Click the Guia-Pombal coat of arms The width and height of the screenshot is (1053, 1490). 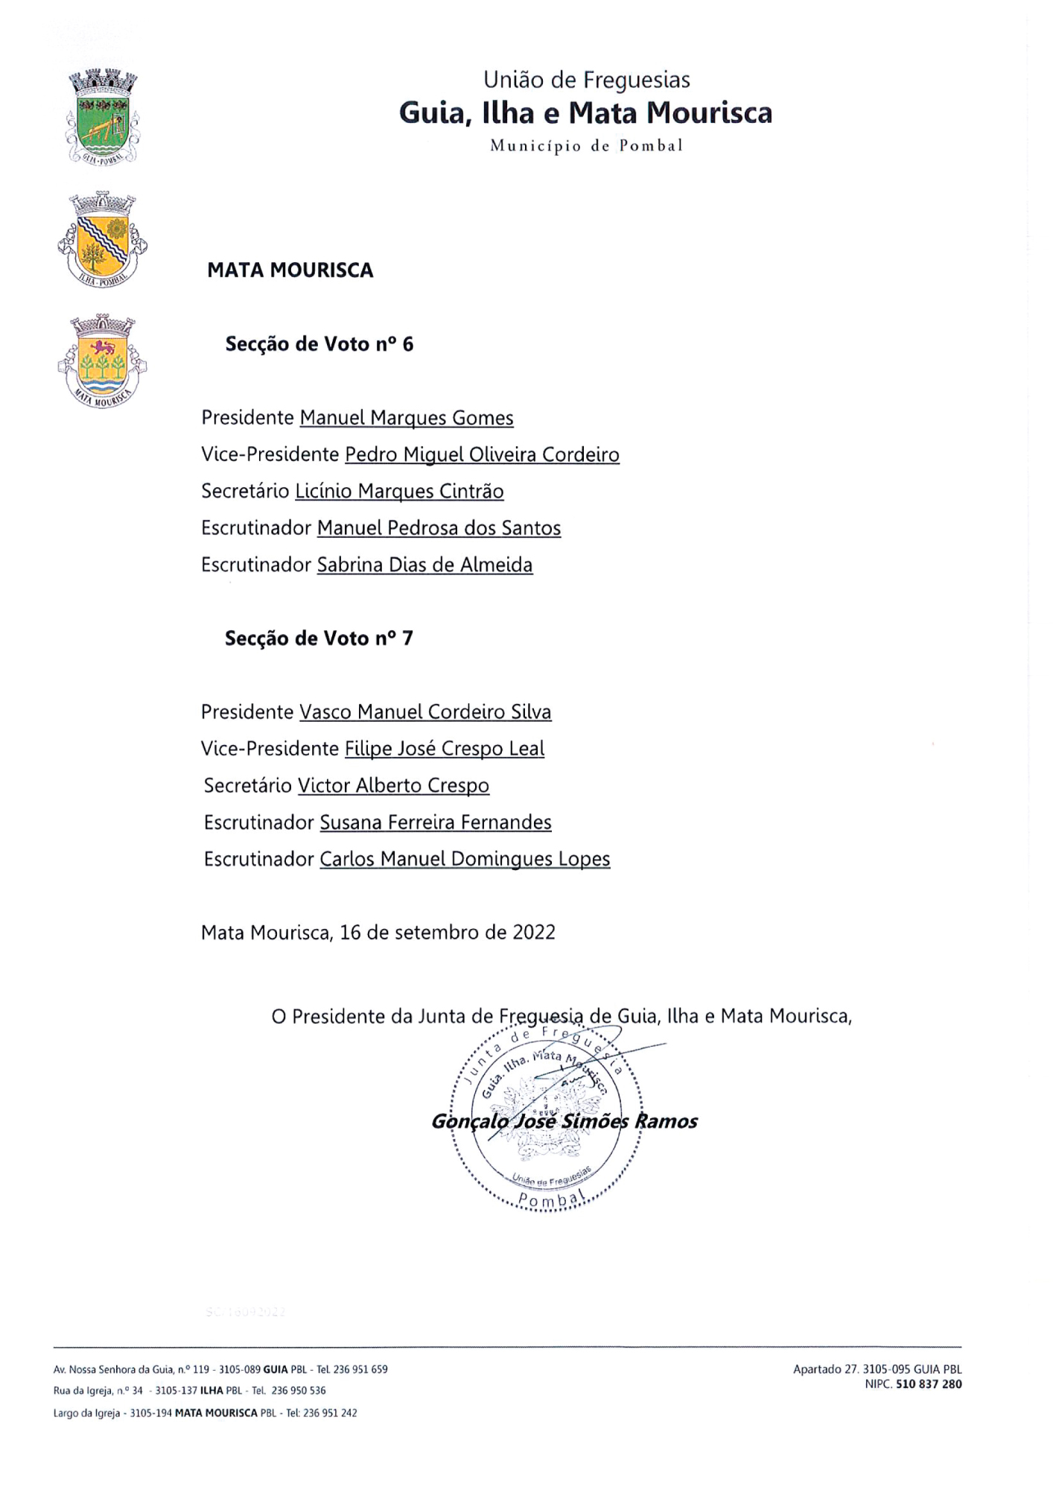coord(102,115)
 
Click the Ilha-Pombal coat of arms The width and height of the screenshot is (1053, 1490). coord(102,240)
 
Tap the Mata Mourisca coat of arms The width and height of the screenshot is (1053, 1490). coord(102,361)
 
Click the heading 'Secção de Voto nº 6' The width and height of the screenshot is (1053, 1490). coord(319,344)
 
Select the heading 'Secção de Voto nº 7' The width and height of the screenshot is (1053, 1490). coord(319,638)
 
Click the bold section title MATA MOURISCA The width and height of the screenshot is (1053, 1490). coord(290,270)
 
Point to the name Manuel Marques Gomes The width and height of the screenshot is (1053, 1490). coord(407,418)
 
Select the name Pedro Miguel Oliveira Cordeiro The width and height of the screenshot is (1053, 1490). coord(482,454)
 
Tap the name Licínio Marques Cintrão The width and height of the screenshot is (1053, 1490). coord(399,492)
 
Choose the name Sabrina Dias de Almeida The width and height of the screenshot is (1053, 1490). coord(424,565)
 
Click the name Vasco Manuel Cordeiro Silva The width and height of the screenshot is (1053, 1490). coord(425,712)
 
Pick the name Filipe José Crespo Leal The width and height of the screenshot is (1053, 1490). coord(445,749)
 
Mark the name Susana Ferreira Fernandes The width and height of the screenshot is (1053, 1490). coord(436,822)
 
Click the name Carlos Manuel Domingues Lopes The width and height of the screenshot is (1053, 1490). coord(465,859)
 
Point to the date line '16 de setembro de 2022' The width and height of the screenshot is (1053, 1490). coord(448,933)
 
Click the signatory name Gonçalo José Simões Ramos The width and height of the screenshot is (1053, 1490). coord(564,1121)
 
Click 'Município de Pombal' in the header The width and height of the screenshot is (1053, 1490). coord(586,146)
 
